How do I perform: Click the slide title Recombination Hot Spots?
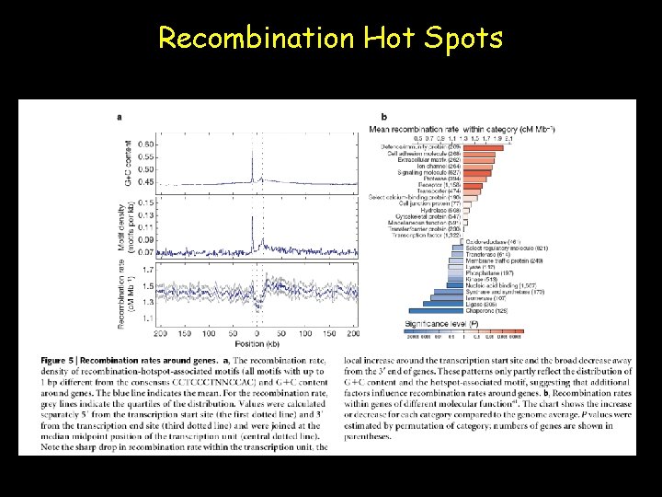[x=330, y=38]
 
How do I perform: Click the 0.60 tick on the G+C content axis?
[x=146, y=144]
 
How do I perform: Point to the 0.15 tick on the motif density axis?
[x=146, y=202]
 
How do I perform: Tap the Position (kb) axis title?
[x=256, y=343]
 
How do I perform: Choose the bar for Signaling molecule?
[x=477, y=171]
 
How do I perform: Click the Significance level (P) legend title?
[x=440, y=324]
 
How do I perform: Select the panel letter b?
[x=383, y=117]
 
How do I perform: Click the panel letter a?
[x=120, y=117]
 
